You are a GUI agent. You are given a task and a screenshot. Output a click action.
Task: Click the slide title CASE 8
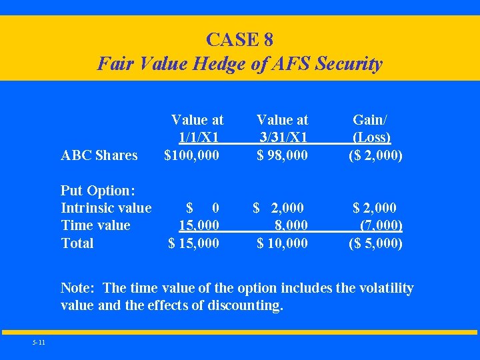pyautogui.click(x=239, y=39)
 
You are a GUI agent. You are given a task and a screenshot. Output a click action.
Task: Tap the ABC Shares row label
pyautogui.click(x=99, y=155)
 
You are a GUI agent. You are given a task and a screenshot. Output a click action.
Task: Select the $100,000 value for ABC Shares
pyautogui.click(x=192, y=155)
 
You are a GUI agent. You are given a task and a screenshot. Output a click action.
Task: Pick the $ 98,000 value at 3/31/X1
pyautogui.click(x=283, y=155)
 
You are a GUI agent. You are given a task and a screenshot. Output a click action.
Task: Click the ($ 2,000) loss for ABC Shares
pyautogui.click(x=375, y=155)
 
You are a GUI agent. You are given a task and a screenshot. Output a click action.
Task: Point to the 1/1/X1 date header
pyautogui.click(x=199, y=137)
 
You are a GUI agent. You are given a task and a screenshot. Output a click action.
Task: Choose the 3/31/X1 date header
pyautogui.click(x=283, y=137)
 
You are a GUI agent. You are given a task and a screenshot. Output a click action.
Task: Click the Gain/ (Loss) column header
pyautogui.click(x=371, y=129)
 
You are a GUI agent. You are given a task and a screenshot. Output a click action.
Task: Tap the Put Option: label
pyautogui.click(x=99, y=190)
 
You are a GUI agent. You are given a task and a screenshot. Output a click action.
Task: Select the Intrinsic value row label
pyautogui.click(x=106, y=207)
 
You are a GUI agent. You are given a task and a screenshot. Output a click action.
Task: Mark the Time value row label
pyautogui.click(x=95, y=225)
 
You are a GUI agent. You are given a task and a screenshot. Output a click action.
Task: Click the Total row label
pyautogui.click(x=77, y=243)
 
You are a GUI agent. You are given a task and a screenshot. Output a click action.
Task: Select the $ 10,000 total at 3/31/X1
pyautogui.click(x=283, y=243)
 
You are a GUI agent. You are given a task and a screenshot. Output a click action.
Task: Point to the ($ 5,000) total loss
pyautogui.click(x=375, y=243)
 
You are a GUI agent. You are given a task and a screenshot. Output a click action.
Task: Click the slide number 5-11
pyautogui.click(x=38, y=343)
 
